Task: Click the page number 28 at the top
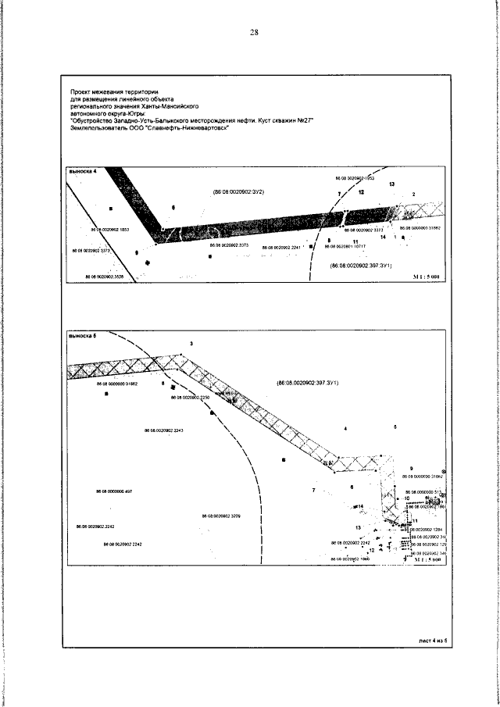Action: (253, 32)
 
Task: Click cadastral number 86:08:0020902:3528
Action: (102, 276)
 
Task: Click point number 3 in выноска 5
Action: (191, 345)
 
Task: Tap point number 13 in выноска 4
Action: (391, 184)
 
